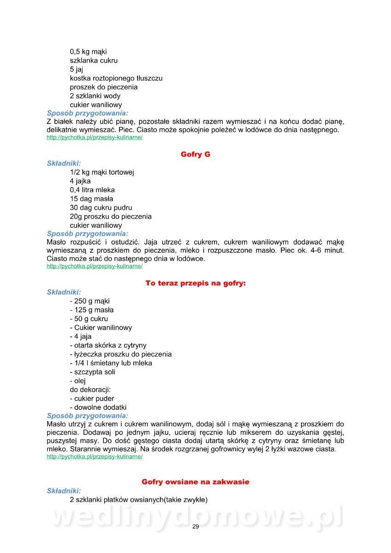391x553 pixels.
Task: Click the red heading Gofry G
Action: [x=195, y=154]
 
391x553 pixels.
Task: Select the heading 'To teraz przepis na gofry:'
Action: [x=195, y=283]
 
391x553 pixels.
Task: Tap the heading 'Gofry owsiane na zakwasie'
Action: [x=195, y=482]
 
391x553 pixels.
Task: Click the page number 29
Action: [x=195, y=527]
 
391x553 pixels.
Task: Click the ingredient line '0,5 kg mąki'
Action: [x=89, y=52]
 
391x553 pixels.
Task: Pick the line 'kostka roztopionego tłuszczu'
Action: [x=116, y=78]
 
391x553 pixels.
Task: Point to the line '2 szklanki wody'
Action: [x=95, y=96]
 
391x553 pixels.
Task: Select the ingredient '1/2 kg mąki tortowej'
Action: [x=102, y=172]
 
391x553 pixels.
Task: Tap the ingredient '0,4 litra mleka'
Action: [x=93, y=190]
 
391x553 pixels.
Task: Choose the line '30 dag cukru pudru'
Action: [x=101, y=207]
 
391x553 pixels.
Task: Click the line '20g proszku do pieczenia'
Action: [x=111, y=216]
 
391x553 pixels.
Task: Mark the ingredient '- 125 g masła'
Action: [x=92, y=310]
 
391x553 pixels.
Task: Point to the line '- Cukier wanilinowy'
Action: [x=101, y=328]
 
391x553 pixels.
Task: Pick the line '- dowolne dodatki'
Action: [x=98, y=407]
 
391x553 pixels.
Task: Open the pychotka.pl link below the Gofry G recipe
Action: [x=95, y=266]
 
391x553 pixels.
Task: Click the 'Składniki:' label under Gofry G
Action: [x=64, y=163]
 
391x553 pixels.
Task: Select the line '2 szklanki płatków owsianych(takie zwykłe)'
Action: [x=139, y=500]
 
